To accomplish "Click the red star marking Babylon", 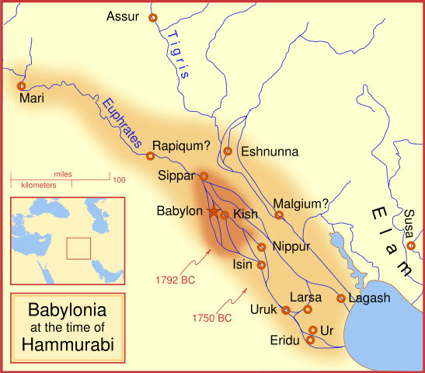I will click(x=213, y=211).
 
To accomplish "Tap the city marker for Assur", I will click(x=152, y=17).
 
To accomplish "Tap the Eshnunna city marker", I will click(x=228, y=151).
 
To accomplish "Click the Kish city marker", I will click(x=225, y=214).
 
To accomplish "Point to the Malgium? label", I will click(x=301, y=203).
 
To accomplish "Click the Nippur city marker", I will click(x=262, y=247).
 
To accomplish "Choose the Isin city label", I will click(x=243, y=265).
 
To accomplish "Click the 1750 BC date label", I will click(x=211, y=318).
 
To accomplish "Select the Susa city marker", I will click(x=411, y=246).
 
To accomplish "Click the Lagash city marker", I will click(x=340, y=298).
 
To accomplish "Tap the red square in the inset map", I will click(x=78, y=248).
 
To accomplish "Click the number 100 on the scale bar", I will click(x=119, y=180).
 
